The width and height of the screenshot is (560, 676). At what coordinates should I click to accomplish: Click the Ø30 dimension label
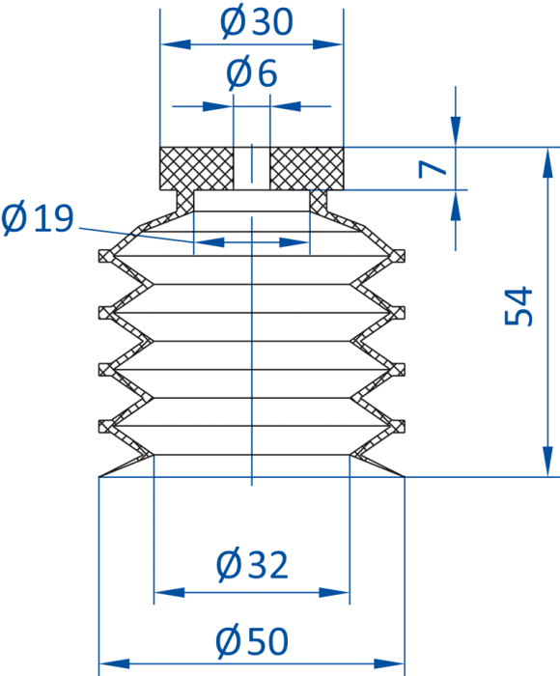pyautogui.click(x=257, y=22)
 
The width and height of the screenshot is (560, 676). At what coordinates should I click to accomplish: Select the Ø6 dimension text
pyautogui.click(x=252, y=73)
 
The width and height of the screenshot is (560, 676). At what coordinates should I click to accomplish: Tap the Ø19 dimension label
pyautogui.click(x=38, y=218)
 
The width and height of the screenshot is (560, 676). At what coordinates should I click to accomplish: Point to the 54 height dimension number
pyautogui.click(x=518, y=306)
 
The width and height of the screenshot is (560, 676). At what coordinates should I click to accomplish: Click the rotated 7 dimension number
pyautogui.click(x=433, y=169)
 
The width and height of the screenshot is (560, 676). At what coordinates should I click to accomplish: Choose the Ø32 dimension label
pyautogui.click(x=252, y=565)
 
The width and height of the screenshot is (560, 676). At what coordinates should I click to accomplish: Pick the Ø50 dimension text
pyautogui.click(x=252, y=641)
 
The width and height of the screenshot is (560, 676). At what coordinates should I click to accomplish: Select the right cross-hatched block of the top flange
pyautogui.click(x=306, y=169)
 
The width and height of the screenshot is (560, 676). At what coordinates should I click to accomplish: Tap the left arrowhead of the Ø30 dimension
pyautogui.click(x=175, y=44)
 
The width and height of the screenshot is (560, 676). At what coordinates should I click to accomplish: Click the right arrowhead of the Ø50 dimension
pyautogui.click(x=389, y=664)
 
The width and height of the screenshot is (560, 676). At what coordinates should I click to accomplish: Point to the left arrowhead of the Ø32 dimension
pyautogui.click(x=169, y=592)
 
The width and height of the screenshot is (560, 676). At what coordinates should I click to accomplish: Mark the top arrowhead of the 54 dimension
pyautogui.click(x=547, y=162)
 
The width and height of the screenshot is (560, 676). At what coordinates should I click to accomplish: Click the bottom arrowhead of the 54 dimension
pyautogui.click(x=547, y=462)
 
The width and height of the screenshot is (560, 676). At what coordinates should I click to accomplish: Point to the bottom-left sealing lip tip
pyautogui.click(x=99, y=476)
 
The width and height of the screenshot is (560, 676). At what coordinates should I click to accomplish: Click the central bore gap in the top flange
pyautogui.click(x=252, y=169)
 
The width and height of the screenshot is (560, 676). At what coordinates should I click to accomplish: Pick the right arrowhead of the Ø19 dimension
pyautogui.click(x=294, y=242)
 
